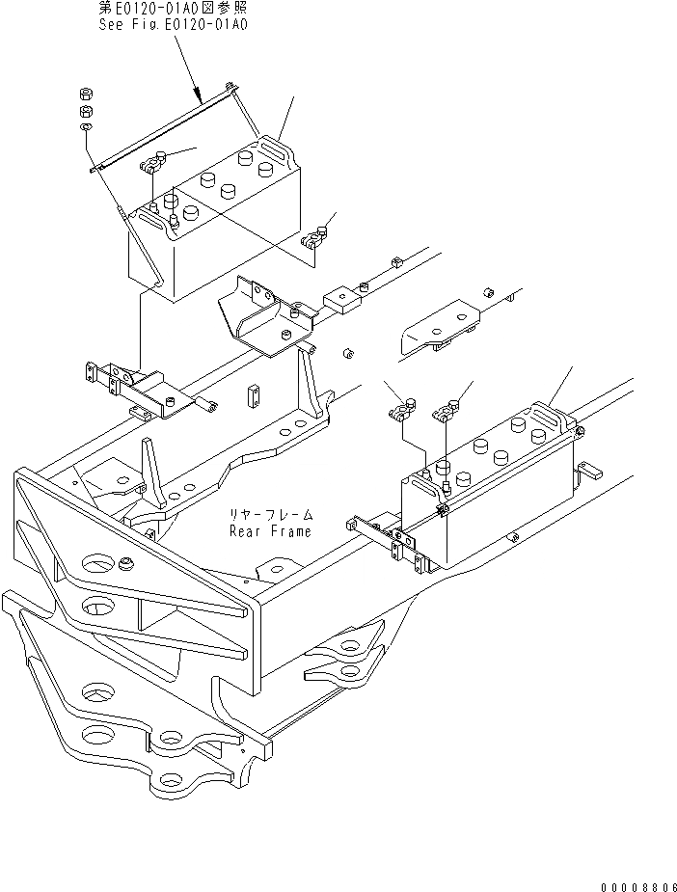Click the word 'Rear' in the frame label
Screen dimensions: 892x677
pos(245,531)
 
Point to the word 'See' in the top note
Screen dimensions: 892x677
pos(112,25)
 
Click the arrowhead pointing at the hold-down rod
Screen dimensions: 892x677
pos(199,97)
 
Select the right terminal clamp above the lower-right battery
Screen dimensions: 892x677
pos(446,412)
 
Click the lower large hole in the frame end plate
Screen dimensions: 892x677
pos(99,605)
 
